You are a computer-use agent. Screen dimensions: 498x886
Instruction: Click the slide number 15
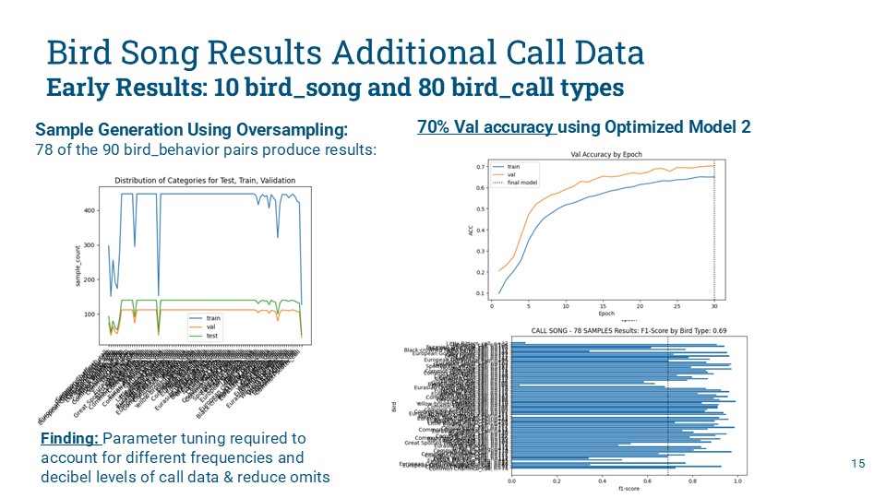coord(859,463)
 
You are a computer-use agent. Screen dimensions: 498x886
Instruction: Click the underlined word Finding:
coord(71,438)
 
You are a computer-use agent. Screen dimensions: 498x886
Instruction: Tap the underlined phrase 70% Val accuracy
coord(485,127)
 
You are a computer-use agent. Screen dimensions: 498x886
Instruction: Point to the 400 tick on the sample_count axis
coord(89,211)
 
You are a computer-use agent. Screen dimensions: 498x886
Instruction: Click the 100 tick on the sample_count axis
coord(89,314)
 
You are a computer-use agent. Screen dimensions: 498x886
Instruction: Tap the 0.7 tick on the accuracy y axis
coord(480,167)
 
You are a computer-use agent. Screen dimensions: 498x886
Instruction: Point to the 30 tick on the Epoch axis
coord(714,306)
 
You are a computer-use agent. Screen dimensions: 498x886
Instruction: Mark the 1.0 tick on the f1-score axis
coord(736,480)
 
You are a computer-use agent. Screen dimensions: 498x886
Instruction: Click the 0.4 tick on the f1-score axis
coord(602,480)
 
